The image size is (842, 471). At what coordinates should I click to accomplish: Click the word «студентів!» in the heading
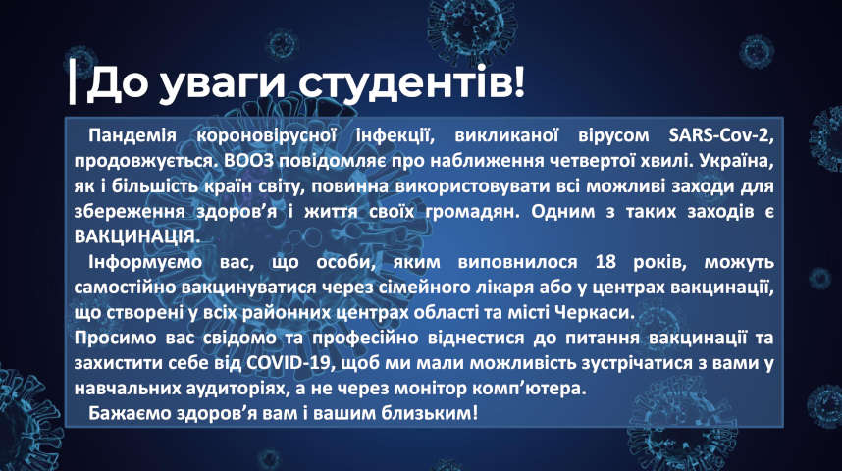pos(411,82)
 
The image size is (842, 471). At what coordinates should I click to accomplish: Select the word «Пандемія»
pos(132,135)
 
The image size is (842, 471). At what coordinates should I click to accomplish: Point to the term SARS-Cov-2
pos(721,135)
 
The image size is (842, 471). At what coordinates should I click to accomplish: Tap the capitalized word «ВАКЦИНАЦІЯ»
pos(136,236)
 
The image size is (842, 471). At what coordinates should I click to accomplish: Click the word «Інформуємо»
pos(145,263)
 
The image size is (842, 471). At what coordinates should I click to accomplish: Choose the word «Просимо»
pos(116,339)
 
